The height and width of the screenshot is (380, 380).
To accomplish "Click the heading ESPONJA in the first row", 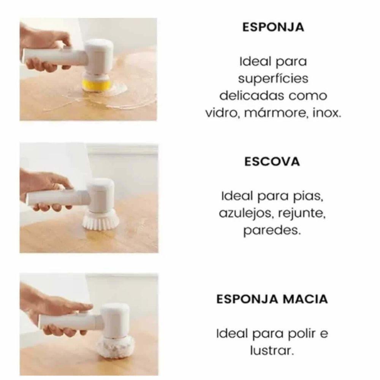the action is [273, 27].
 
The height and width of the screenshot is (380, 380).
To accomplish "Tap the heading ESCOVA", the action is [272, 161].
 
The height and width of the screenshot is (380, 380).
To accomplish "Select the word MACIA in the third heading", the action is [306, 299].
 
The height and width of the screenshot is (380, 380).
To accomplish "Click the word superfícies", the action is [273, 79].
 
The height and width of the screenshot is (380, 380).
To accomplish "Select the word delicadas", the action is [252, 95].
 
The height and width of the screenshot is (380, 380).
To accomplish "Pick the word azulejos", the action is [247, 214].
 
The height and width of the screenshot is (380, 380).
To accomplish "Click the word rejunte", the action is [301, 214].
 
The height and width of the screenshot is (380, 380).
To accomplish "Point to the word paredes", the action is [272, 231].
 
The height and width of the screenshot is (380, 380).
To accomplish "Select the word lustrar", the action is [272, 350].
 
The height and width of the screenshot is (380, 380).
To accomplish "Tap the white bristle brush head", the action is [101, 220].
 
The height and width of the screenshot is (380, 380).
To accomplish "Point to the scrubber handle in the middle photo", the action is [58, 197].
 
